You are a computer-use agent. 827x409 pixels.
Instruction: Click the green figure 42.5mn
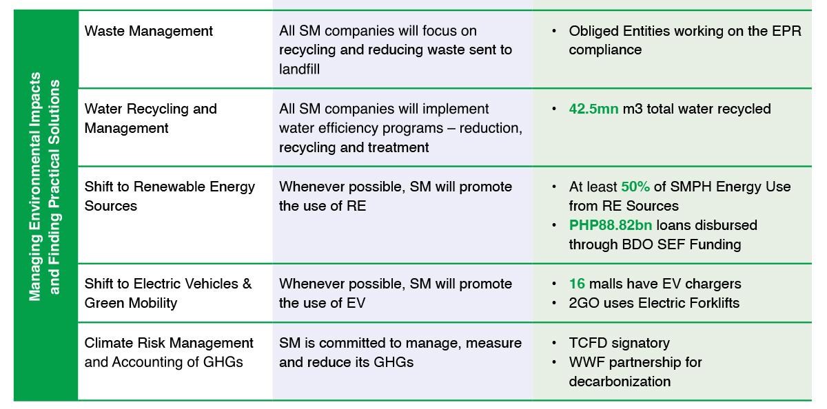(x=593, y=109)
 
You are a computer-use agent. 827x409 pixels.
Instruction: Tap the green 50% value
(x=635, y=187)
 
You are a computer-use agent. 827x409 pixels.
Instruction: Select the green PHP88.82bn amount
(x=611, y=225)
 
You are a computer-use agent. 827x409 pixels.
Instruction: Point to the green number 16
(x=577, y=284)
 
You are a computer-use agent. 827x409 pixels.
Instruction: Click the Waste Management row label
(x=148, y=31)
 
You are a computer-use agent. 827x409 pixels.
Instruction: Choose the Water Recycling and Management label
(x=151, y=118)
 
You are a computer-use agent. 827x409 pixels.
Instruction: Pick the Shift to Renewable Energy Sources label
(x=170, y=196)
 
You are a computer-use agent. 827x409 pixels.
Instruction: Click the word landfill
(x=299, y=70)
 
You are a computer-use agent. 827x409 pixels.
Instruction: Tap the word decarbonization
(x=620, y=381)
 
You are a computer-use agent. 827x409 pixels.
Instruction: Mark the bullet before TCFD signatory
(x=554, y=343)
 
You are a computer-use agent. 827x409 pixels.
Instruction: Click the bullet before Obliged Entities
(x=554, y=31)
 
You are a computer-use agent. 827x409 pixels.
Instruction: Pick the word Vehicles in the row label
(x=211, y=284)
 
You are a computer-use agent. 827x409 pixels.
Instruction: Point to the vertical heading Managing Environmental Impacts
(x=35, y=187)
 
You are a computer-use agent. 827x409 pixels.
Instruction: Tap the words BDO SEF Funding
(x=682, y=244)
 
